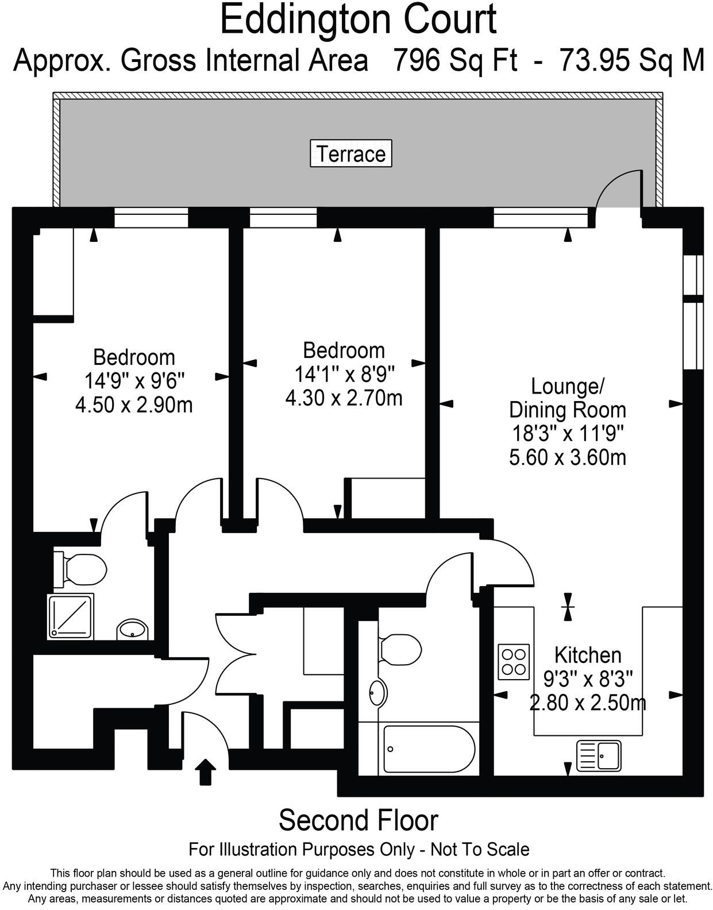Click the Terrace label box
[x=350, y=153]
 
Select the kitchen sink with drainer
[x=599, y=754]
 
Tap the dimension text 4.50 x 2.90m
[x=134, y=405]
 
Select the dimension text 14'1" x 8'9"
[x=344, y=374]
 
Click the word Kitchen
[x=588, y=655]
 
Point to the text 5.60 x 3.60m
[x=568, y=457]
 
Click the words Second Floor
[x=358, y=820]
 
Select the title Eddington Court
[x=358, y=20]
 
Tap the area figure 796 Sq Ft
[x=455, y=60]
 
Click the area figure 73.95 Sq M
[x=631, y=60]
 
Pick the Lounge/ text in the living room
[x=567, y=386]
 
